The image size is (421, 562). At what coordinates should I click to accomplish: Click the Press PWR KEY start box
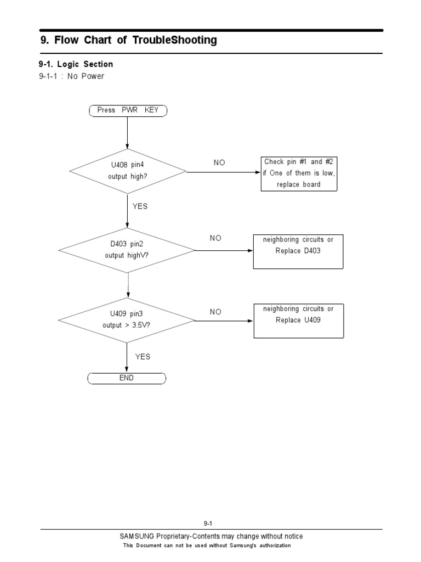click(x=128, y=110)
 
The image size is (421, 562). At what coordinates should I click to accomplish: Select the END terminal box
click(x=127, y=378)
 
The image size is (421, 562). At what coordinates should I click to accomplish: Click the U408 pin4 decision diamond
click(x=127, y=171)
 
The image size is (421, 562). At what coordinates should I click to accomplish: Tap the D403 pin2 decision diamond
click(x=127, y=250)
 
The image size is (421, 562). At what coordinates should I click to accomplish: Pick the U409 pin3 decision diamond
click(x=127, y=319)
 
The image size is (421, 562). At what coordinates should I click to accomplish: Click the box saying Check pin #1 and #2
click(x=298, y=173)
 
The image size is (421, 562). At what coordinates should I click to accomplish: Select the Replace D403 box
click(x=298, y=251)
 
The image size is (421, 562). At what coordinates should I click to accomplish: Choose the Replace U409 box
click(x=298, y=321)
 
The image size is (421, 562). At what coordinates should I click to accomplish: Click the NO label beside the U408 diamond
click(x=219, y=163)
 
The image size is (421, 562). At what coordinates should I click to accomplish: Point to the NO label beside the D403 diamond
click(x=215, y=238)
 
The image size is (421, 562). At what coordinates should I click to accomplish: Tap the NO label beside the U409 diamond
click(x=215, y=312)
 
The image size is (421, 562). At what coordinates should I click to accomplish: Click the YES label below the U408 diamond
click(x=140, y=206)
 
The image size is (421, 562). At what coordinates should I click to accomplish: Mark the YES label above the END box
click(x=143, y=357)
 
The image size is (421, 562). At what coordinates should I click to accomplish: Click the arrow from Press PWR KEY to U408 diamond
click(x=127, y=132)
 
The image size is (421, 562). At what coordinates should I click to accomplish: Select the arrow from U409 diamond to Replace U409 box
click(x=224, y=320)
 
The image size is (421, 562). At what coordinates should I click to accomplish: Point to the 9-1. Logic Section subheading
click(x=76, y=64)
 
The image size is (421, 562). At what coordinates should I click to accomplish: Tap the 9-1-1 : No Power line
click(x=71, y=76)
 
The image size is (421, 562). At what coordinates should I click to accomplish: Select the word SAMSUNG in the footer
click(x=137, y=536)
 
